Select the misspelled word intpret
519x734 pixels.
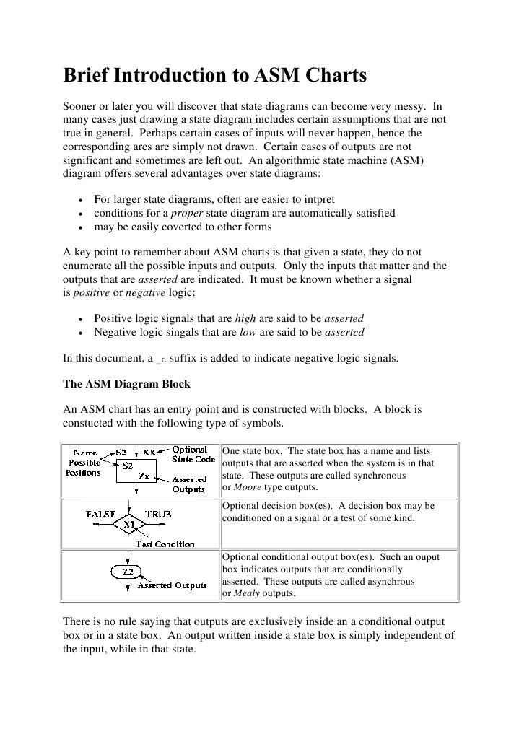click(317, 199)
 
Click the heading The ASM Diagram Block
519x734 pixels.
click(127, 383)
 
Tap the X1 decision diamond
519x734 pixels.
click(128, 525)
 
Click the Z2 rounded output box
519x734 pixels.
click(128, 572)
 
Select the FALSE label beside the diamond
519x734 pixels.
click(101, 514)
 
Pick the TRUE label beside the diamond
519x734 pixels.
click(158, 514)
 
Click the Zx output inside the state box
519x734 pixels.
click(144, 476)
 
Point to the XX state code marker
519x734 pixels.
click(149, 452)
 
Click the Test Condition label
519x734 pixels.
click(165, 544)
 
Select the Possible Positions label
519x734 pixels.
click(84, 467)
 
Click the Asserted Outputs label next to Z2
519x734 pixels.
click(172, 585)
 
